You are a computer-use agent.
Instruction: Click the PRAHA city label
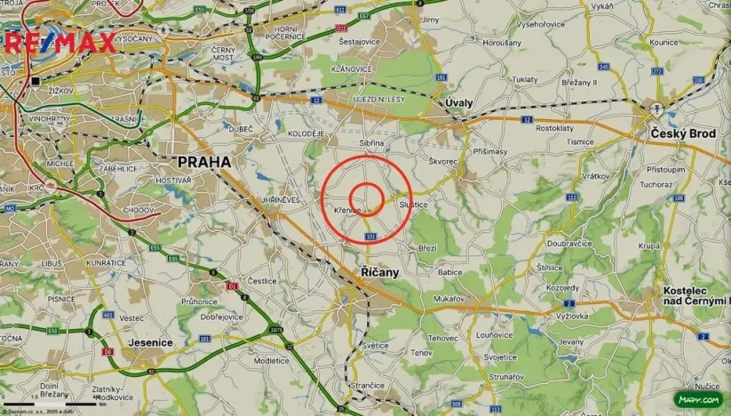(x=204, y=162)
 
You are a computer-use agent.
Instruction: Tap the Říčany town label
(x=380, y=272)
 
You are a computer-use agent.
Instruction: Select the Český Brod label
(x=682, y=133)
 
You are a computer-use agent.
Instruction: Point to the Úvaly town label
(x=459, y=103)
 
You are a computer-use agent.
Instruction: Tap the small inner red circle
(x=366, y=198)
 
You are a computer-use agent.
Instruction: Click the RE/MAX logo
(x=60, y=42)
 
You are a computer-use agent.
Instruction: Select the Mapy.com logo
(x=698, y=400)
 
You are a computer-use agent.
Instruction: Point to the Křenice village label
(x=346, y=210)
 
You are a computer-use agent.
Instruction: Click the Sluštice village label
(x=414, y=204)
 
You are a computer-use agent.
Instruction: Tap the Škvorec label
(x=442, y=162)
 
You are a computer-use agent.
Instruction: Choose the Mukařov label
(x=449, y=300)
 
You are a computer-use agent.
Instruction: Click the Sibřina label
(x=371, y=142)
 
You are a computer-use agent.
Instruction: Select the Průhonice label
(x=199, y=301)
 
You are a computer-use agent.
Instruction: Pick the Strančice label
(x=367, y=385)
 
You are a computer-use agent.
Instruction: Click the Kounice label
(x=663, y=42)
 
